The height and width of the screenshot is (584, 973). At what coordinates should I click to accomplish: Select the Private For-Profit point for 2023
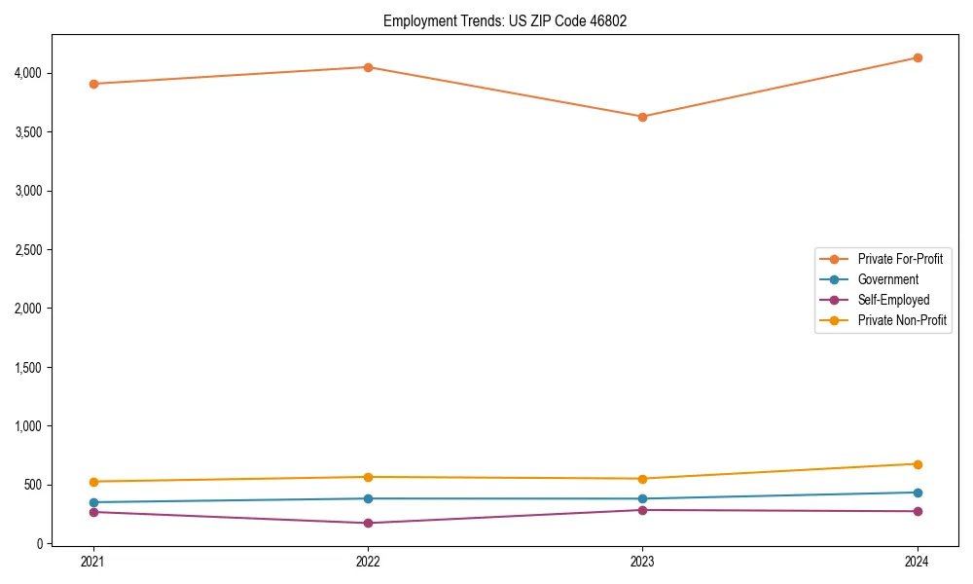[642, 117]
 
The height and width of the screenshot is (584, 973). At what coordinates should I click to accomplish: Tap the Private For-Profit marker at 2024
[917, 57]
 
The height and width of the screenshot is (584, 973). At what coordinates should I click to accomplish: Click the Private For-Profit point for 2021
[93, 84]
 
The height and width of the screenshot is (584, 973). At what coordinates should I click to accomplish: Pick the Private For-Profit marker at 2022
[368, 67]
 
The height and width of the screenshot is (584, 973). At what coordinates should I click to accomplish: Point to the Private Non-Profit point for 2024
[917, 464]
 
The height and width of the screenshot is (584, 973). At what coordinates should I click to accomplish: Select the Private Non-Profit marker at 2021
[93, 482]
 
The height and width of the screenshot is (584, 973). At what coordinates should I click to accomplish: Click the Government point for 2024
[917, 493]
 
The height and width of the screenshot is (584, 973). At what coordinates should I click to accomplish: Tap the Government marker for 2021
[93, 502]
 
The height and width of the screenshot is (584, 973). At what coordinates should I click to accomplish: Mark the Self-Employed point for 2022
[368, 524]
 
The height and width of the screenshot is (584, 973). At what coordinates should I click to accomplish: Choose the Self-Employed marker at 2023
[642, 510]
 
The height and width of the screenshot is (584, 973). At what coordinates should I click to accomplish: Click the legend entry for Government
[887, 279]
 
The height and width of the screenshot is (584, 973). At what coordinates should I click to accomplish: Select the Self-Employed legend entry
[893, 300]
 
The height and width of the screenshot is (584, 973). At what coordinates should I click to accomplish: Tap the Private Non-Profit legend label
[902, 320]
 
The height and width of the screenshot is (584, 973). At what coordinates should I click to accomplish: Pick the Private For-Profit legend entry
[900, 259]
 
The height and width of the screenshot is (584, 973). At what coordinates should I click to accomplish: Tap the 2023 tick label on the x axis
[642, 562]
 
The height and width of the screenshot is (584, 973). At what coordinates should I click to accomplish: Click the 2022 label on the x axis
[368, 562]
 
